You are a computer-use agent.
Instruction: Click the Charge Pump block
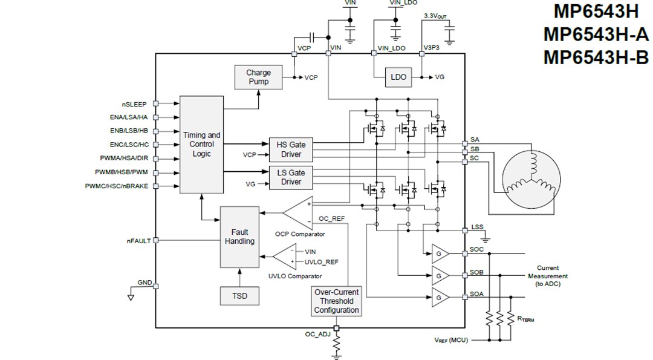(258, 77)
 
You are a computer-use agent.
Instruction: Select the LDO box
(398, 77)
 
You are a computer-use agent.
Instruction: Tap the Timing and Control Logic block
(201, 144)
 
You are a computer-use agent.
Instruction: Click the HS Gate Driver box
(291, 149)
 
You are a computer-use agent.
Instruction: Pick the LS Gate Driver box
(291, 177)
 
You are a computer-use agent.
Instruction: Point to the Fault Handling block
(239, 237)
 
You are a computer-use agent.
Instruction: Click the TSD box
(239, 296)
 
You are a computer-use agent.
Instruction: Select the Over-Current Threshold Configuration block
(336, 301)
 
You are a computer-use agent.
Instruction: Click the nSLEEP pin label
(134, 104)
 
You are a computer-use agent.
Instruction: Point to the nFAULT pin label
(138, 241)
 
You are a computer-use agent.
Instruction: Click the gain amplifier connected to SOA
(439, 296)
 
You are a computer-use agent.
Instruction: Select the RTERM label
(522, 318)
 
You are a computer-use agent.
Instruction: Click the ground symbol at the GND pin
(130, 296)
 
